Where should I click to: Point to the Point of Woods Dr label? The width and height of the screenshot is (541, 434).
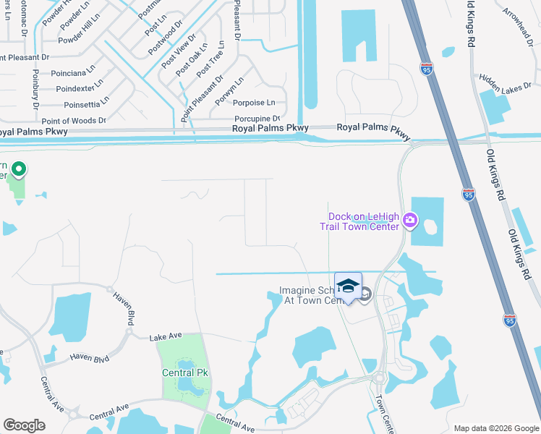tap(74, 121)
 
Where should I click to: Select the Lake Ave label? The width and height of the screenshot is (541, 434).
tap(166, 337)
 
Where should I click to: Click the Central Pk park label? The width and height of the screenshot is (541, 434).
tap(182, 373)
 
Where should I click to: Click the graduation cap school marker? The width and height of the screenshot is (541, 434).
tap(348, 285)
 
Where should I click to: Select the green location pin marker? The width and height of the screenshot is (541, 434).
tap(20, 169)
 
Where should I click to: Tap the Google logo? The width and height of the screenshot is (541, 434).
tap(24, 425)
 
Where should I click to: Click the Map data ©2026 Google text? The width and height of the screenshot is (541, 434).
tap(495, 428)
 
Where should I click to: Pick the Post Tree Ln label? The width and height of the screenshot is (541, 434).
tap(210, 59)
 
